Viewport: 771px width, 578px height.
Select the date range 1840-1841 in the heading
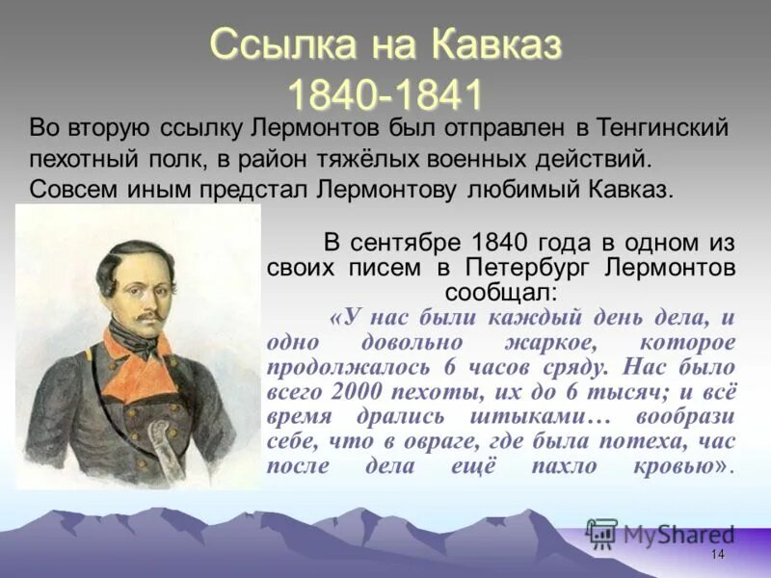tap(385, 94)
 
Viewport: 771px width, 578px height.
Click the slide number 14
tap(717, 555)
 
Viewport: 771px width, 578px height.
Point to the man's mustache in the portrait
tap(144, 314)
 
